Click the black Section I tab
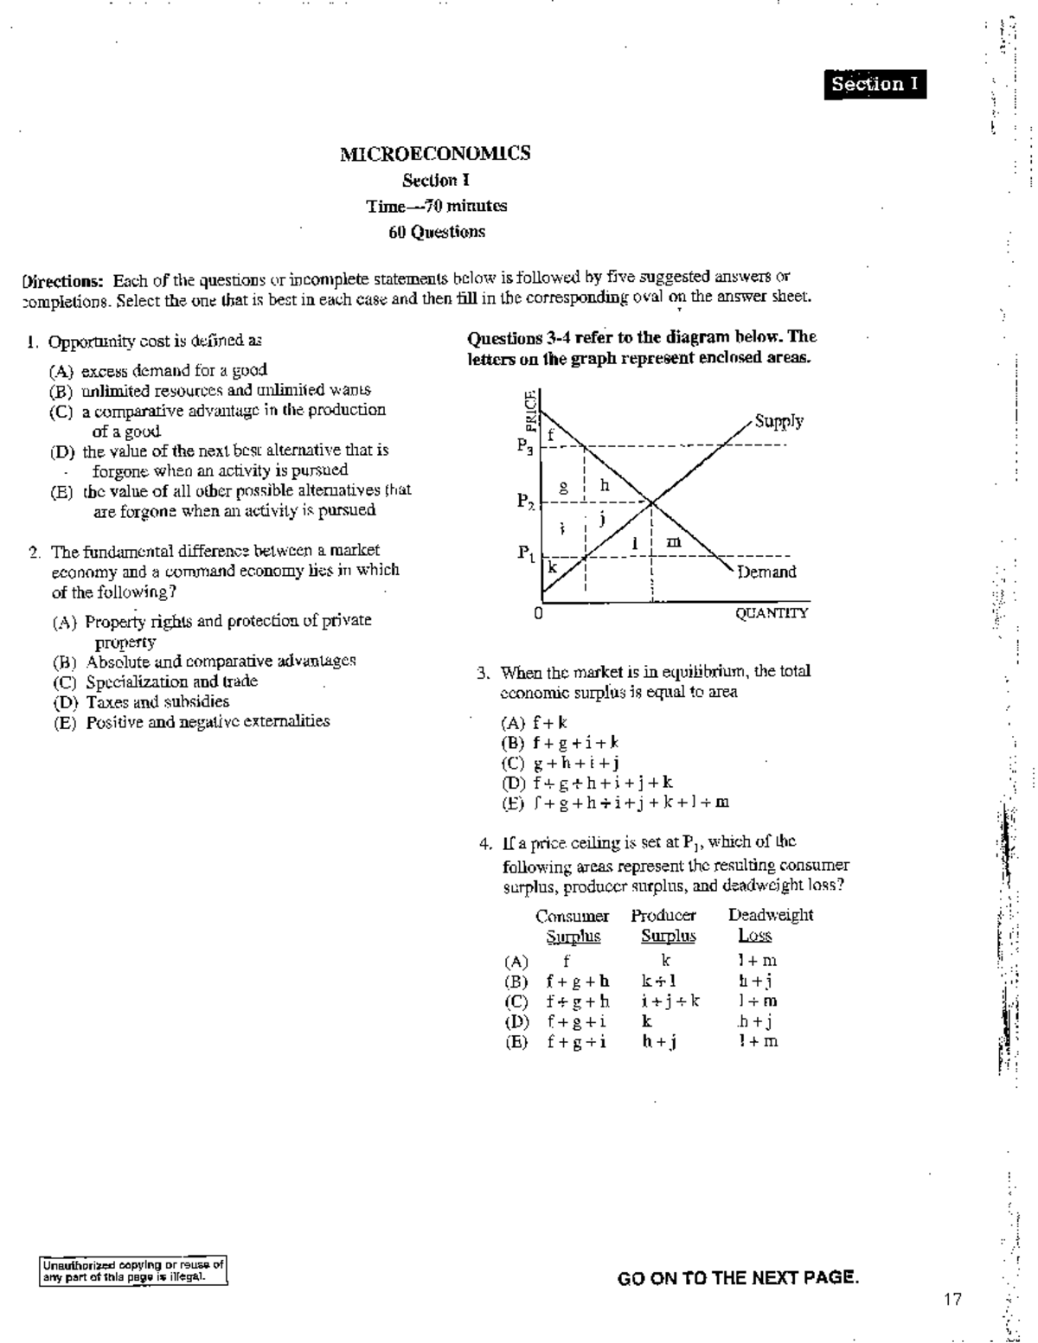(875, 84)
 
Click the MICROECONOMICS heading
(435, 154)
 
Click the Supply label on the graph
(778, 421)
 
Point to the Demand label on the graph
(766, 572)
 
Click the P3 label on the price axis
(525, 446)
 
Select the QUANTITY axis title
(772, 613)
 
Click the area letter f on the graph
(549, 434)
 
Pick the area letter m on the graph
(673, 542)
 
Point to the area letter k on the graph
(551, 568)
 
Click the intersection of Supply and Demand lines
(651, 502)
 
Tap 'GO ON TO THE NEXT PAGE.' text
(738, 1278)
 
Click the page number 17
(952, 1299)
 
